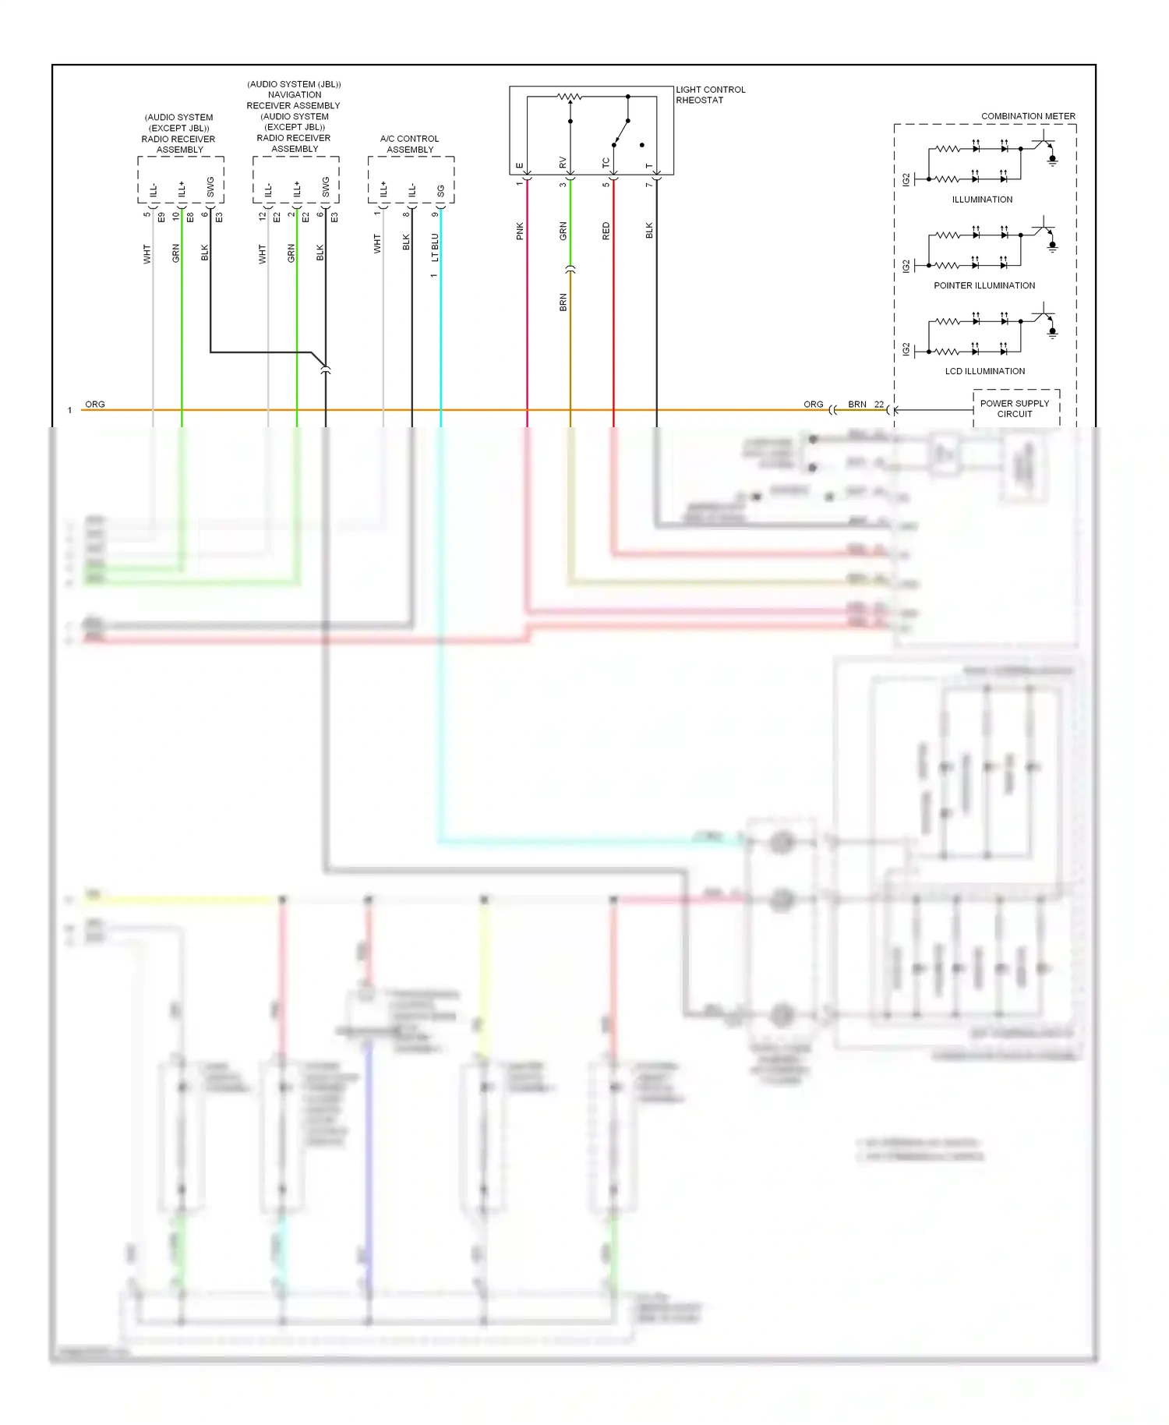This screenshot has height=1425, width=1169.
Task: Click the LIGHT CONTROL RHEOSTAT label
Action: click(x=710, y=95)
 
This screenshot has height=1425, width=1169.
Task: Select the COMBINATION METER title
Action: click(x=1027, y=116)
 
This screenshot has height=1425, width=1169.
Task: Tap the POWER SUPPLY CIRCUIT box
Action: click(x=1015, y=408)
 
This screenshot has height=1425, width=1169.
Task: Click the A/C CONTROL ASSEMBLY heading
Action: click(x=410, y=144)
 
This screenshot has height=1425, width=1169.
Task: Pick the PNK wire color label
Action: click(x=520, y=231)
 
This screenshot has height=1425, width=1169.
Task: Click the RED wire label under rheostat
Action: click(x=606, y=231)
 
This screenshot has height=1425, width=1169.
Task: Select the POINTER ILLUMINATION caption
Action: click(x=984, y=285)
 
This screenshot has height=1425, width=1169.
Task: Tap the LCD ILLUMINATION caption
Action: click(x=984, y=371)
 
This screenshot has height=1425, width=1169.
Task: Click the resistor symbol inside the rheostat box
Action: click(x=570, y=97)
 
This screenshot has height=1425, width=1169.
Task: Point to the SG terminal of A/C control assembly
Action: click(x=441, y=190)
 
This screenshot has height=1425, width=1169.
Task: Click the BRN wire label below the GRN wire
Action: click(x=563, y=302)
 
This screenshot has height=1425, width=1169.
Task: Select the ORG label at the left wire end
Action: click(x=95, y=404)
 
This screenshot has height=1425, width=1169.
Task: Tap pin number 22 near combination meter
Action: click(x=878, y=404)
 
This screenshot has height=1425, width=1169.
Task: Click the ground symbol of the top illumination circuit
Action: click(x=1052, y=161)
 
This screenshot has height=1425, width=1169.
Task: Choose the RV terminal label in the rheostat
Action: click(x=563, y=163)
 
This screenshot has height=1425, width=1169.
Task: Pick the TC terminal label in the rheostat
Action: click(x=606, y=163)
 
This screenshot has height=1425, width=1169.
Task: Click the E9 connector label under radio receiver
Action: click(x=161, y=217)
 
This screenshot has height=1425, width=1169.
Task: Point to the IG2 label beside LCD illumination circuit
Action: click(x=906, y=349)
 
